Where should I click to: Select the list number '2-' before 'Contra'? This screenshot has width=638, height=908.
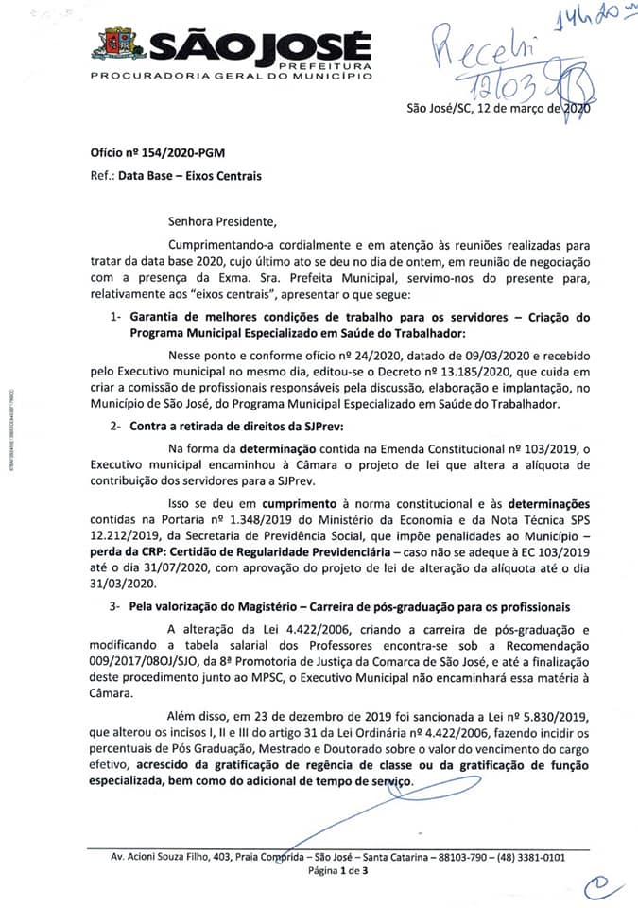point(114,428)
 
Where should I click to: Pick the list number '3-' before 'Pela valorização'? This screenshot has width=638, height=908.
point(114,605)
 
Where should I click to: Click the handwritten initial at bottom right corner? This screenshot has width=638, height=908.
point(598,886)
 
